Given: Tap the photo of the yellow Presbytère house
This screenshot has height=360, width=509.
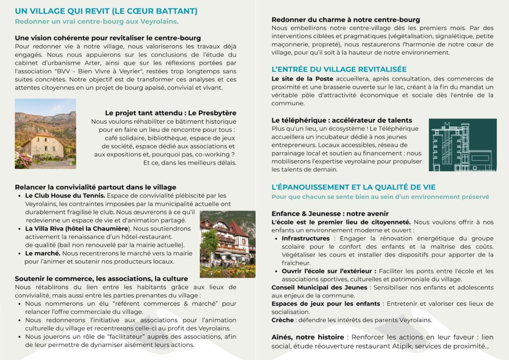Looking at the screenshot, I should click(45, 133).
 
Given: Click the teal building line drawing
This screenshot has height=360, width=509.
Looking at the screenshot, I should click(462, 145).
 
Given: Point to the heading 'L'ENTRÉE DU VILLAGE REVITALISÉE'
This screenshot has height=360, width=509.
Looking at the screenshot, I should click(339, 69).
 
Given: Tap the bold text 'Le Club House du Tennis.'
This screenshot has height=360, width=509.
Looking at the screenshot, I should click(65, 196).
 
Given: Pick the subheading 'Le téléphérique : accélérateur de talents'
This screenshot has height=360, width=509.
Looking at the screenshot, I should click(341, 120).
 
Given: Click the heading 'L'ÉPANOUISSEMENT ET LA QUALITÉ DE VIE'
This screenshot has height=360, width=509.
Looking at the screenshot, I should click(353, 187).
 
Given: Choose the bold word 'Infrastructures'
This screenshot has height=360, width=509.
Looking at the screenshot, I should click(306, 239).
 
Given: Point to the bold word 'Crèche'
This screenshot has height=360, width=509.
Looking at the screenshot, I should click(282, 320).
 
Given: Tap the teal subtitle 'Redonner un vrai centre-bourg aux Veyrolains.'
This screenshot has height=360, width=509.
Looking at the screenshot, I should click(96, 22).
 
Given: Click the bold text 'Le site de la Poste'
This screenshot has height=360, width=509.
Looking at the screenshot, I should click(299, 79).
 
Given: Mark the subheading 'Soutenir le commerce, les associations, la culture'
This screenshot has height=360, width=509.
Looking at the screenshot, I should click(101, 278).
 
